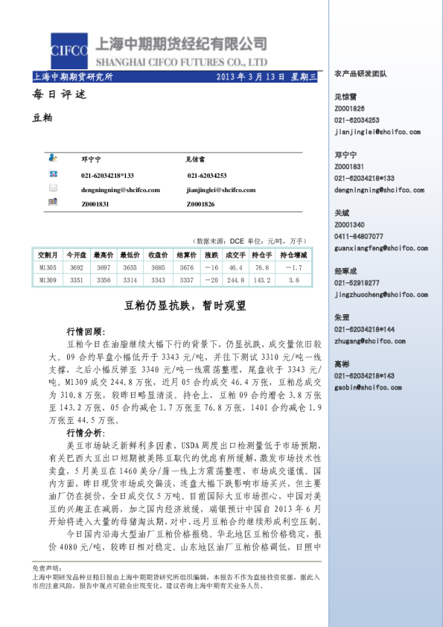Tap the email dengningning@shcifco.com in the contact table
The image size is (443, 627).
click(x=121, y=190)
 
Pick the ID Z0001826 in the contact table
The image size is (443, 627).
click(x=200, y=203)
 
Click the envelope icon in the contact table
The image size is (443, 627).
click(x=52, y=189)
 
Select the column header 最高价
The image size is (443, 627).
click(x=103, y=254)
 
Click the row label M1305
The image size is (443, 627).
click(x=48, y=267)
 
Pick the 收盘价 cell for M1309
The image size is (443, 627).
click(x=157, y=280)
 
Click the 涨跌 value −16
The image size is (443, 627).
click(x=211, y=267)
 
